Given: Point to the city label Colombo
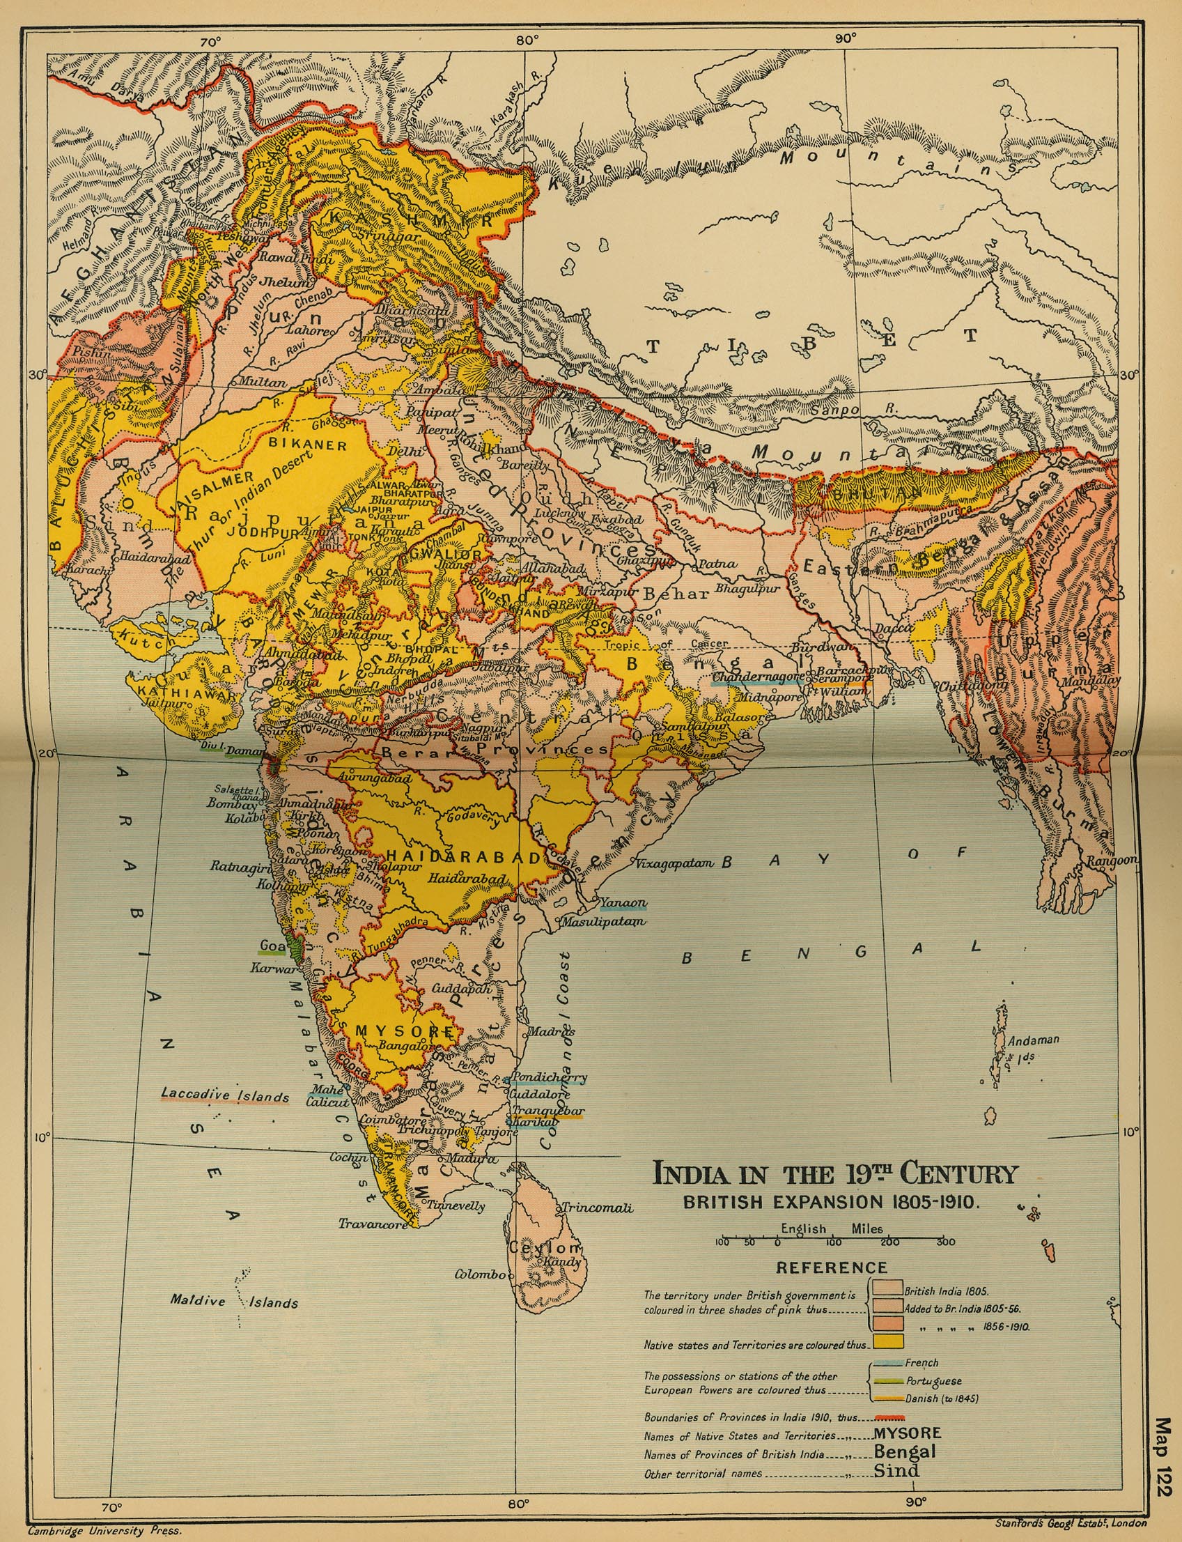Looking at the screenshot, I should coord(480,1274).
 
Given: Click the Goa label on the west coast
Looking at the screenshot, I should coord(273,945).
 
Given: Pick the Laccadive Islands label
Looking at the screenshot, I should coord(225,1095).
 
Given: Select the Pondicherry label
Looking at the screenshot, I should coord(549,1077).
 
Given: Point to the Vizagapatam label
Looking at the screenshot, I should coord(675,863).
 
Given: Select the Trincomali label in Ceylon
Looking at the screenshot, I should coord(597,1208).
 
